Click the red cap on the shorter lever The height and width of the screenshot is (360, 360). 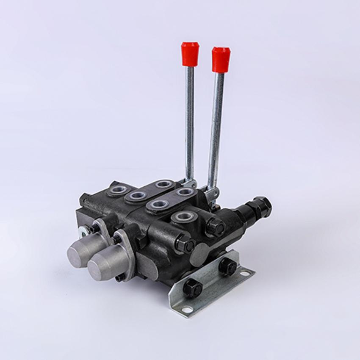coord(190,54)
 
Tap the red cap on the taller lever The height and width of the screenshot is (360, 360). coord(220,59)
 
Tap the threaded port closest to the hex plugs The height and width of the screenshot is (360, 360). coord(183,217)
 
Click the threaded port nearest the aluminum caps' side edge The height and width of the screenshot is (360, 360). coord(119,191)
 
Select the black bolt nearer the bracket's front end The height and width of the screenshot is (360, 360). coord(193,288)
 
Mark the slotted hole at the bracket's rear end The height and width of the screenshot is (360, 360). coord(245,274)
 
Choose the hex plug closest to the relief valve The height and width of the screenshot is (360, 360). coord(215,227)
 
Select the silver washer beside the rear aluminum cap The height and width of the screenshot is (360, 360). coord(83,231)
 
